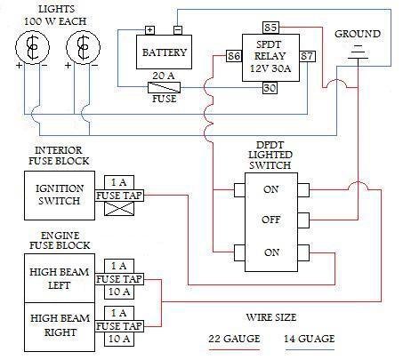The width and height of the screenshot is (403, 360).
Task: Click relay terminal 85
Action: point(270,28)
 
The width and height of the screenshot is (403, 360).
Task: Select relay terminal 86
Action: point(234,56)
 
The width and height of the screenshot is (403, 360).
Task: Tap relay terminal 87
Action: point(307,56)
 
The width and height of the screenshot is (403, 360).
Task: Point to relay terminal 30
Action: point(270,88)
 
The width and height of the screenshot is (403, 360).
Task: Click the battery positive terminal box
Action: point(149,30)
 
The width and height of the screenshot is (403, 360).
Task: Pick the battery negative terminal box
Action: point(178,30)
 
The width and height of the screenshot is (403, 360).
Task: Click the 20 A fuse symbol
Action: point(164,87)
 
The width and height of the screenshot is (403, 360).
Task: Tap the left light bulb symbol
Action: point(32,47)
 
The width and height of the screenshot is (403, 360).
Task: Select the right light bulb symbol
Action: point(83,47)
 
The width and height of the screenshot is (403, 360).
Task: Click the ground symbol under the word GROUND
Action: point(358,52)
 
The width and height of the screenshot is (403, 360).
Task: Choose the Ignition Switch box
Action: point(60,196)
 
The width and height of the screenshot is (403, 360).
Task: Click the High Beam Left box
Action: point(60,278)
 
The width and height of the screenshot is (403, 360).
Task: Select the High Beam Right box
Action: point(60,327)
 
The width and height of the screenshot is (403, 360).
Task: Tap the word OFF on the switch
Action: point(270,220)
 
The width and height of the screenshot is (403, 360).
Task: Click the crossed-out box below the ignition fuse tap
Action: point(119,208)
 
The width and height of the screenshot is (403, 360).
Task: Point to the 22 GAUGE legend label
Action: point(234,339)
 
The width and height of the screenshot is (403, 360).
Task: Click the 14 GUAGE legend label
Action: point(310,339)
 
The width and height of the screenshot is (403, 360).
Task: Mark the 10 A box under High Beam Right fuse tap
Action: point(119,339)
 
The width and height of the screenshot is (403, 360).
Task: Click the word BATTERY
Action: point(165,52)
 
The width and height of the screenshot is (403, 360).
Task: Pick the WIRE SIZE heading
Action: point(271,317)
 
